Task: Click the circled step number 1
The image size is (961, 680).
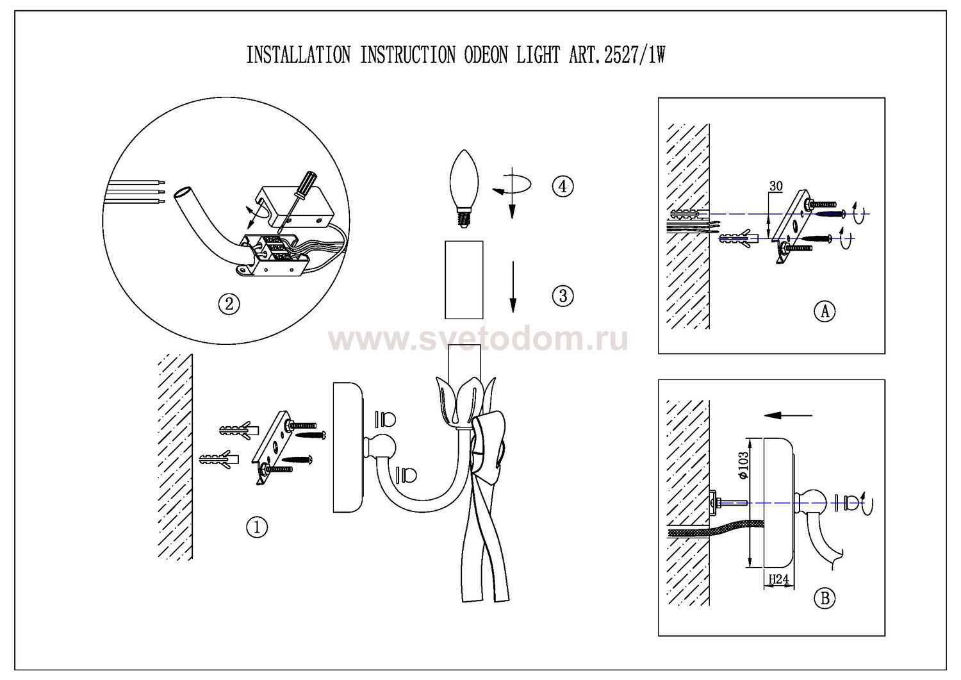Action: [x=257, y=527]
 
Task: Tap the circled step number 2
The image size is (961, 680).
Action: [x=229, y=304]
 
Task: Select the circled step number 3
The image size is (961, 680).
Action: [x=562, y=295]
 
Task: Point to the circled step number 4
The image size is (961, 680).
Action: [x=562, y=187]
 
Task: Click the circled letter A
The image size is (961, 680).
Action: [x=825, y=311]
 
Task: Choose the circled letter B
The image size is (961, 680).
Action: [x=825, y=599]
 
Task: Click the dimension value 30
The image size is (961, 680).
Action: [x=776, y=187]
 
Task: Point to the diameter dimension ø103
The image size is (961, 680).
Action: [x=743, y=467]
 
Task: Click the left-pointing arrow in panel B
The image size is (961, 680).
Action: [x=788, y=415]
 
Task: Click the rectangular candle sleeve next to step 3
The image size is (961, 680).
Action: [x=464, y=279]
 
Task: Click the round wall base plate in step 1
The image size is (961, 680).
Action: [x=348, y=447]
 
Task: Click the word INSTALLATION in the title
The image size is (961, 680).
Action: [x=299, y=56]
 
